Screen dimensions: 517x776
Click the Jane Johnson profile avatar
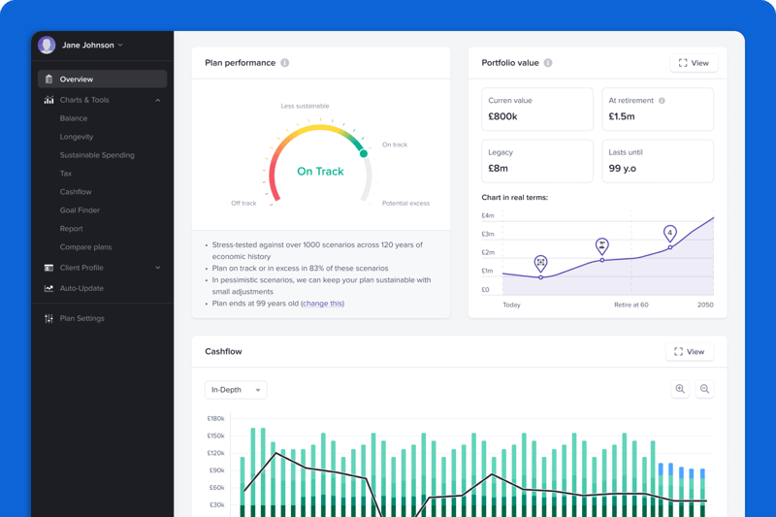click(47, 46)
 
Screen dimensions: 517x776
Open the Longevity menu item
click(77, 137)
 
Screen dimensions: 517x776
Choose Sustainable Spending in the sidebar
click(97, 155)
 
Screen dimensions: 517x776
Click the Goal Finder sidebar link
click(80, 210)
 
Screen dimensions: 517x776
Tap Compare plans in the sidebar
click(85, 247)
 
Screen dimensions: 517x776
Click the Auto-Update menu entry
click(81, 288)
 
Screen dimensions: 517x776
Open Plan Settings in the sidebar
click(81, 318)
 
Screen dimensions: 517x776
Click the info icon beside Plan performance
click(284, 63)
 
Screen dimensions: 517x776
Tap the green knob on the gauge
click(364, 153)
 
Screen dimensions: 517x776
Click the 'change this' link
click(322, 304)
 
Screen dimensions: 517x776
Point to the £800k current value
click(502, 116)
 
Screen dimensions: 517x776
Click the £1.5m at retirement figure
click(622, 116)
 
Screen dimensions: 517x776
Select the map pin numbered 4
click(670, 234)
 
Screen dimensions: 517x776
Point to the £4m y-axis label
click(488, 215)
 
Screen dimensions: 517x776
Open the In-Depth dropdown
click(236, 390)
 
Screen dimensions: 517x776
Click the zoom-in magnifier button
click(680, 389)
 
